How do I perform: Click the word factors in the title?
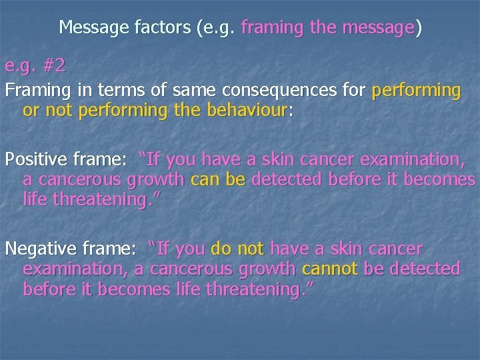pos(165,27)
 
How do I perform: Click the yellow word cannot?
pos(329,269)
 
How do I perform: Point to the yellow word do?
pos(221,249)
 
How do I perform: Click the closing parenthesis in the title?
pos(418,28)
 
